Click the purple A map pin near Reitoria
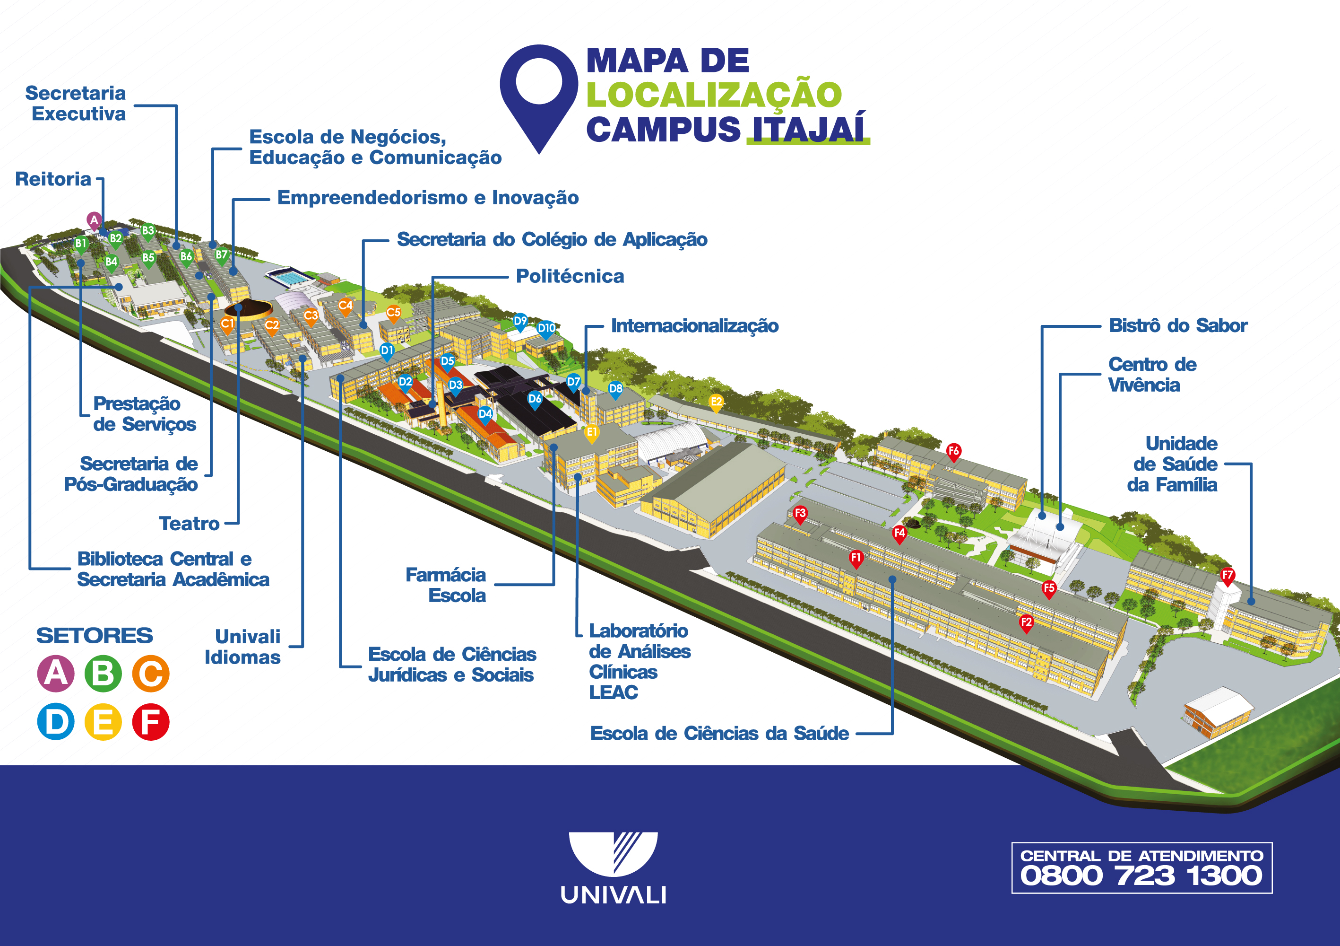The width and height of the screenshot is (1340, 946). coord(94,220)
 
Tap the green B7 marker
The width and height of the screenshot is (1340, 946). coord(221,254)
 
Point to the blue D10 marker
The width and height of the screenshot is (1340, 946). coord(546,328)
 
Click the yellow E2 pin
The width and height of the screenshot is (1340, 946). coord(716,402)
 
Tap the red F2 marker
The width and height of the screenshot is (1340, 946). coord(1026,622)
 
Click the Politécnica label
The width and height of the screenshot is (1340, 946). coord(570,276)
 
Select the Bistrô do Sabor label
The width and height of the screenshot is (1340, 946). coord(1178,325)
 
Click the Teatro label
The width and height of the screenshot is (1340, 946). coord(189,523)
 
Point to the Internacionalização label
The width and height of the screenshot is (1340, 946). coord(694,326)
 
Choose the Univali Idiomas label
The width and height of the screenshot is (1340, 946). coord(243,647)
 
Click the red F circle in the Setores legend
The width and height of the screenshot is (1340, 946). coord(151,722)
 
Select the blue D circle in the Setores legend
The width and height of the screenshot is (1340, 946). coord(56,722)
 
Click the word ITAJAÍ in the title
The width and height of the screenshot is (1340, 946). coord(808,129)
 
